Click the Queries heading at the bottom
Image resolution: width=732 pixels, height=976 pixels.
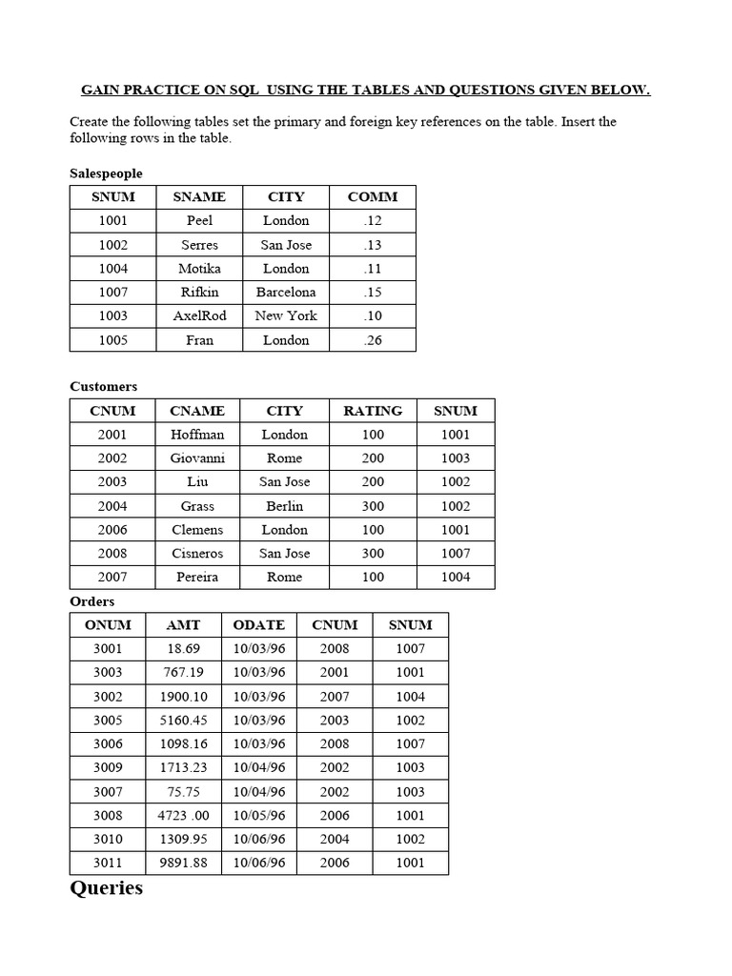pyautogui.click(x=107, y=888)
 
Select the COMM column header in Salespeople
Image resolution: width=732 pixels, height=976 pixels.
pyautogui.click(x=373, y=197)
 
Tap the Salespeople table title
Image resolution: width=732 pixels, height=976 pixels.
pyautogui.click(x=107, y=173)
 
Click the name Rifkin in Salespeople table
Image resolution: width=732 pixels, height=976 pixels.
pyautogui.click(x=199, y=293)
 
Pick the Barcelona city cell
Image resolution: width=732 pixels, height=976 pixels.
pyautogui.click(x=286, y=293)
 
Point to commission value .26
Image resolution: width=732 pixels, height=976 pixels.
pyautogui.click(x=373, y=340)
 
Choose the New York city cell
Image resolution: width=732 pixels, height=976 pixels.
pyautogui.click(x=286, y=316)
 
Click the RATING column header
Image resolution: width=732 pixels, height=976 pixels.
pyautogui.click(x=373, y=411)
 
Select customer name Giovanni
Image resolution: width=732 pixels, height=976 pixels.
pyautogui.click(x=198, y=458)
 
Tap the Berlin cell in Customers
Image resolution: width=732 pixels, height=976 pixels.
pyautogui.click(x=285, y=506)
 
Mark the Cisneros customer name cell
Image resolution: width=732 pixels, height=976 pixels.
pyautogui.click(x=198, y=554)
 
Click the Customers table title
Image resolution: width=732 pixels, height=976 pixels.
pyautogui.click(x=104, y=387)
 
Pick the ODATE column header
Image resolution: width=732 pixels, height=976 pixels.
pyautogui.click(x=259, y=625)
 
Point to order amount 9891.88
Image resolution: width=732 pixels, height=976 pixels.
pyautogui.click(x=183, y=864)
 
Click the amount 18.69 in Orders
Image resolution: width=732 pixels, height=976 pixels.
pyautogui.click(x=183, y=649)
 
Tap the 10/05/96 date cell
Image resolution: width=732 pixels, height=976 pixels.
pyautogui.click(x=259, y=816)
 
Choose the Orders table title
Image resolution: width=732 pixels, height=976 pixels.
pyautogui.click(x=92, y=601)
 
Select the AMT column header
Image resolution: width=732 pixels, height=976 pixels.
pyautogui.click(x=183, y=625)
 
